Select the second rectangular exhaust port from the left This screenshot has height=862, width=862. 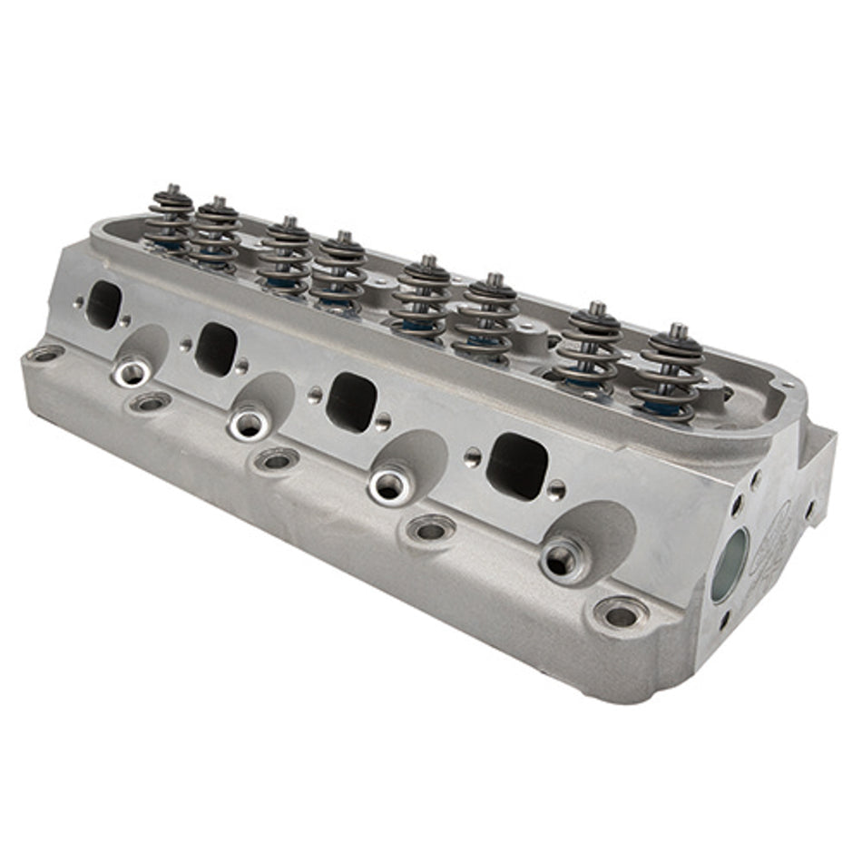[216, 348]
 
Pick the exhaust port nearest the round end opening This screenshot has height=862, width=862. [515, 465]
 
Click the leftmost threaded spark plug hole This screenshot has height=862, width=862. [132, 370]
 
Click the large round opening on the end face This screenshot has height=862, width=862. [730, 565]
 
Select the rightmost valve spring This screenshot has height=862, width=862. [670, 372]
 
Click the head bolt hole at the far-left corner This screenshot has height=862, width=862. [44, 354]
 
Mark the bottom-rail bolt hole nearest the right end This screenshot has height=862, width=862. [622, 614]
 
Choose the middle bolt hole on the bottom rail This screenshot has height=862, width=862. [277, 460]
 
